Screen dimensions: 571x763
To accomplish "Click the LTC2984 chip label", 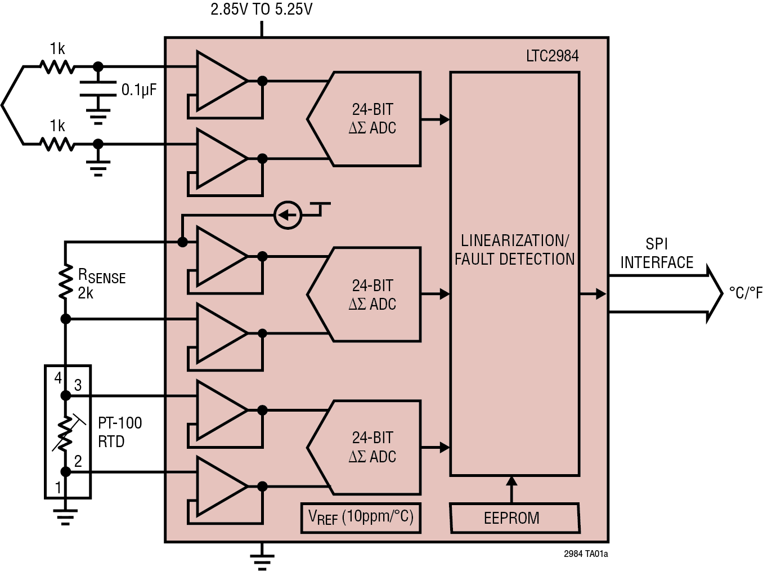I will tap(552, 56).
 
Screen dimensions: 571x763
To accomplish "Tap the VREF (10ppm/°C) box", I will tap(361, 517).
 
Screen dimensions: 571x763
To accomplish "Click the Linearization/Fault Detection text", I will tap(514, 250).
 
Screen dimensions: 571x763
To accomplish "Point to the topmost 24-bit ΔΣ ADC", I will tap(371, 119).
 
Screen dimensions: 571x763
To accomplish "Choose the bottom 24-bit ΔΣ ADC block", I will tap(371, 447).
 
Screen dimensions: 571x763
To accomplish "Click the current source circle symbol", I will tap(288, 215).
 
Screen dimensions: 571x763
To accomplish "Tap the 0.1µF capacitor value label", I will tap(139, 90).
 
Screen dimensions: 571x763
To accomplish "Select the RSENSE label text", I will tap(101, 276).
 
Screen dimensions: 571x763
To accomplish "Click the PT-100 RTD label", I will tap(120, 432).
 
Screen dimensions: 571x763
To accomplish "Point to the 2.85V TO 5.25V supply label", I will tap(261, 10).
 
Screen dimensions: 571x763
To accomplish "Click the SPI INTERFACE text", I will tap(656, 253).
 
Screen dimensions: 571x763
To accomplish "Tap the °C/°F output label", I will tap(745, 293).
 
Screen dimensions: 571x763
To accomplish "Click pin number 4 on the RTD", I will tap(58, 378).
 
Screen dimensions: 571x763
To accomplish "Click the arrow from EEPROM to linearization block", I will tap(511, 489).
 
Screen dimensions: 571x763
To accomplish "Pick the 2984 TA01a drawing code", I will tap(585, 554).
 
